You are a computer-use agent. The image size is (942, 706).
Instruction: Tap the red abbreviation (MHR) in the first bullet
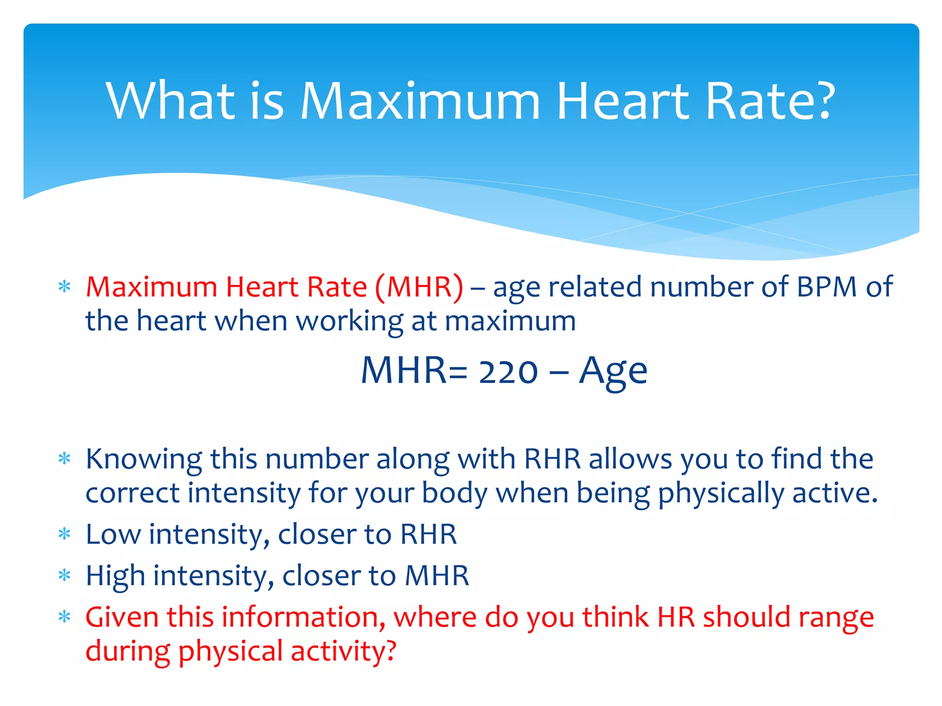419,287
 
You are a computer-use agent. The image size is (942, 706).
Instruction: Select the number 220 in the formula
508,371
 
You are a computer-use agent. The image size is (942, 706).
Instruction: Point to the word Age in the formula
613,371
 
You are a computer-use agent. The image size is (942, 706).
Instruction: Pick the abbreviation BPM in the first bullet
827,287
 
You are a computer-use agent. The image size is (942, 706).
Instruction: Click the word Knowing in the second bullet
144,460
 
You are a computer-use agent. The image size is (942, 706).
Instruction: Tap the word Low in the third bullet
113,534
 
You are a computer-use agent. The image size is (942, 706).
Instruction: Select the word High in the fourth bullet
115,576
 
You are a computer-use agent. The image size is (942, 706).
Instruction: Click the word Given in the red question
122,617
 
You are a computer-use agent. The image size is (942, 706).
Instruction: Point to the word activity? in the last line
343,652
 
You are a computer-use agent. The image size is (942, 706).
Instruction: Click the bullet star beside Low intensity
64,534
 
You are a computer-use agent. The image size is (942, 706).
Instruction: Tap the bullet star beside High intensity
64,575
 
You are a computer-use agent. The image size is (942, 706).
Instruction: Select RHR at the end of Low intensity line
428,534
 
